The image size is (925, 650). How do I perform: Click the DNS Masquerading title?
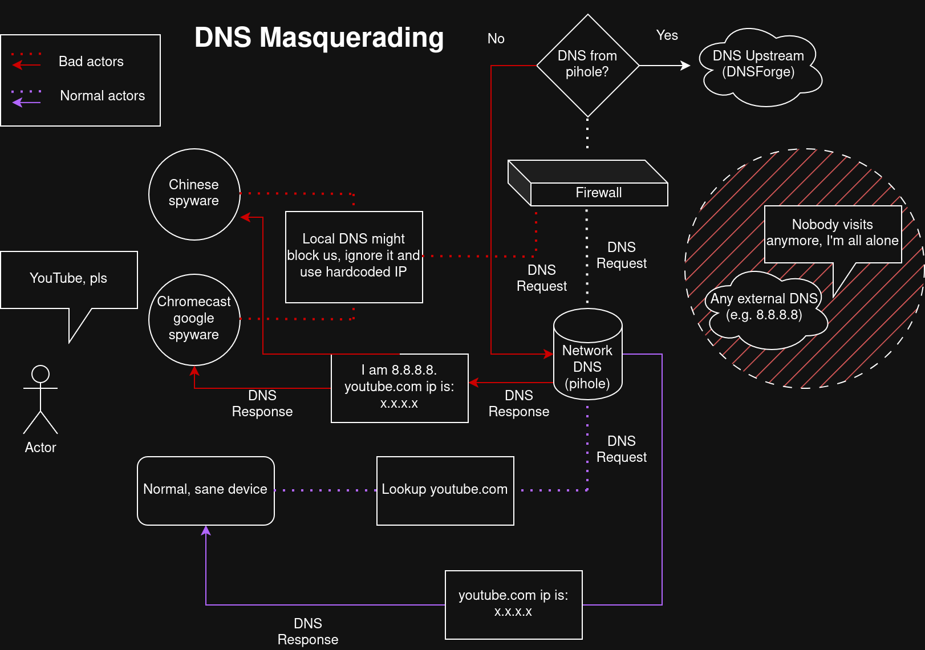(319, 38)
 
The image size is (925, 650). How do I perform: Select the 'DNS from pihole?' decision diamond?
(587, 65)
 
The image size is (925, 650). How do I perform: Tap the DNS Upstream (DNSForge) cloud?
(758, 66)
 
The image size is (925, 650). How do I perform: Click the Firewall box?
(598, 193)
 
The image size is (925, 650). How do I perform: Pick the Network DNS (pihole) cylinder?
(587, 359)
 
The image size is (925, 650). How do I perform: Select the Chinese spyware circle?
(194, 194)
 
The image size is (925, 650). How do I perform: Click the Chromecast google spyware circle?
(194, 319)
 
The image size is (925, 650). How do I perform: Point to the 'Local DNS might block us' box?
(354, 257)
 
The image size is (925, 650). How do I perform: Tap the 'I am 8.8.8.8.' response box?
(399, 388)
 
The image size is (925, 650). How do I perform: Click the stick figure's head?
(40, 374)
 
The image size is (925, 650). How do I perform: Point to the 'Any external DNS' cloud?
(764, 311)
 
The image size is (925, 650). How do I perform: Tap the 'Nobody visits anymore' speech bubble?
(833, 234)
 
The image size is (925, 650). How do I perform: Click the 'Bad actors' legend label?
(91, 62)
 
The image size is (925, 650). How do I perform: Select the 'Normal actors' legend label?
(103, 96)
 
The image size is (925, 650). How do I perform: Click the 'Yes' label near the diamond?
(667, 35)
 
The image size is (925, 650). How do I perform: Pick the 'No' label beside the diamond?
(496, 39)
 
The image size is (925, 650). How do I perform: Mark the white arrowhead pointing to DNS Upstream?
(685, 66)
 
